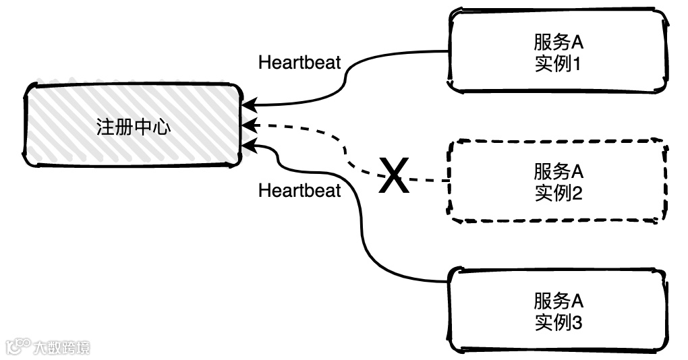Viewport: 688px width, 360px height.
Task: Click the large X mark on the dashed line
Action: click(393, 177)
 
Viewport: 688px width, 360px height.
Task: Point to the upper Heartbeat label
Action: click(299, 63)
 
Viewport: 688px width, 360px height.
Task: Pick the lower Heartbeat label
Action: click(299, 191)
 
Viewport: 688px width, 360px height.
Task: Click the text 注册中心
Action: click(134, 127)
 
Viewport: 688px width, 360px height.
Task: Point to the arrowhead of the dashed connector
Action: click(248, 125)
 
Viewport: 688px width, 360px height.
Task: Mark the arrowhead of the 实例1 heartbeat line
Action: click(248, 106)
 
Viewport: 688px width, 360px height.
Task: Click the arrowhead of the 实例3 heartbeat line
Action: click(248, 143)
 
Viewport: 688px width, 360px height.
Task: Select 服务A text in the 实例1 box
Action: click(558, 42)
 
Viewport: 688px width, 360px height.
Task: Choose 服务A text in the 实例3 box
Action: click(558, 300)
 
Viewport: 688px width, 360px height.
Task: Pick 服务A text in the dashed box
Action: click(558, 171)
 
